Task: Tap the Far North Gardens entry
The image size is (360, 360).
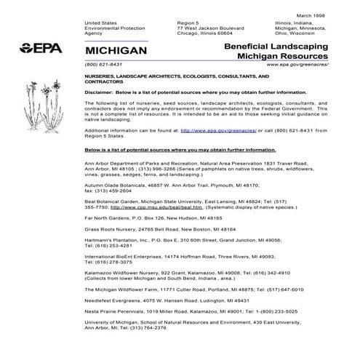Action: [108, 218]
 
